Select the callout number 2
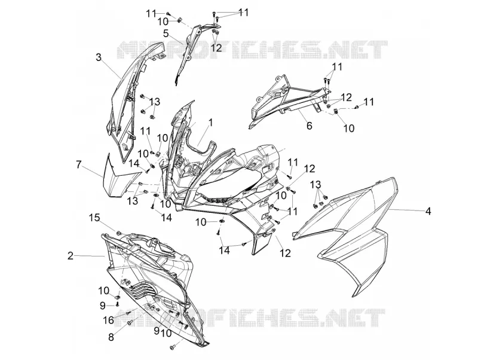[71, 256]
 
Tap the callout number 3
[98, 57]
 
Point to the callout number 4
[428, 211]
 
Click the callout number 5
[166, 33]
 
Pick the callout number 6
[309, 126]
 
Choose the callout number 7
[79, 165]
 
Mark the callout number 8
[111, 337]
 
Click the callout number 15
[94, 218]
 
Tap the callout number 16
[109, 320]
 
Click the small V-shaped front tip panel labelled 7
[121, 177]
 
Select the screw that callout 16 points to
[128, 313]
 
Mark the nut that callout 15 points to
[118, 233]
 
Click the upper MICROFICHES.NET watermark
[252, 50]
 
